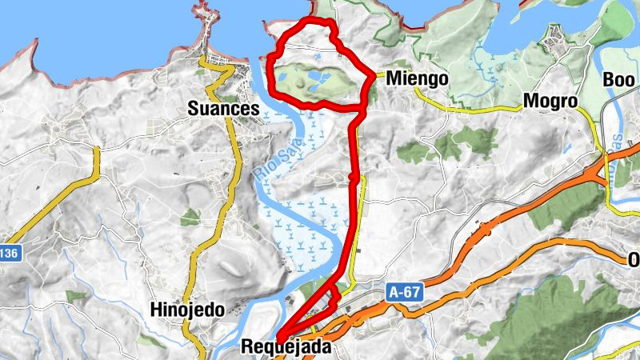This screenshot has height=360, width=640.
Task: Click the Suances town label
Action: (224, 109)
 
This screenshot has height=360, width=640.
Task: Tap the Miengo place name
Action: (416, 80)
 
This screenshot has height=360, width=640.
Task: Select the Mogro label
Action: (550, 102)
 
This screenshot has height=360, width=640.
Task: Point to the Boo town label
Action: (618, 81)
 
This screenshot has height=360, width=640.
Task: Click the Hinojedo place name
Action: (186, 310)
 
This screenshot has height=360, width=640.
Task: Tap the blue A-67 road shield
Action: (406, 294)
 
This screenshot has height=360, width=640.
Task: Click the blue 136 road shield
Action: (8, 253)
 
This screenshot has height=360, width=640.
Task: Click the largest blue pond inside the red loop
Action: (319, 78)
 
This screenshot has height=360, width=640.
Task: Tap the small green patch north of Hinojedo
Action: (190, 217)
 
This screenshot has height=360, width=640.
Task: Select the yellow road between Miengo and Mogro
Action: (480, 107)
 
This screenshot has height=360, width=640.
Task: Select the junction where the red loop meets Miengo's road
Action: (375, 76)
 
